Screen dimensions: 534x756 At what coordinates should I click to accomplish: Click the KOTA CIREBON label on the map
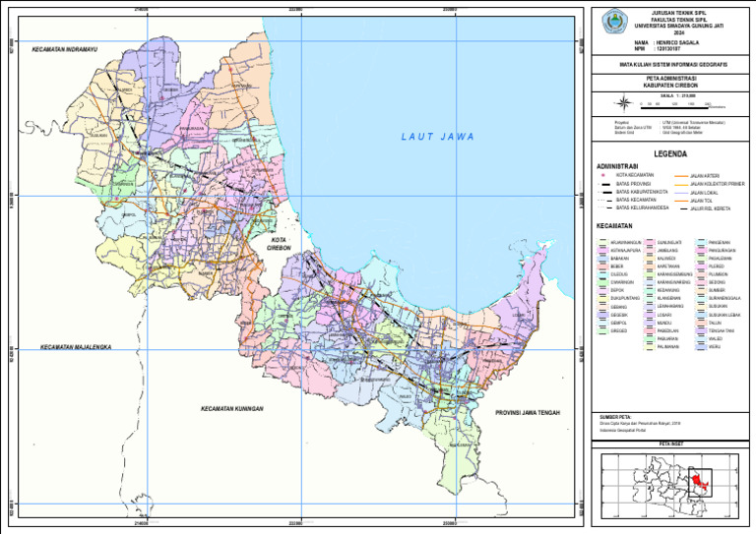coord(280,243)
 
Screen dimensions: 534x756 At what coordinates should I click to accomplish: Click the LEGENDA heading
coord(670,154)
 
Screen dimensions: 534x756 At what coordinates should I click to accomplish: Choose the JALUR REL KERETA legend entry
coord(708,208)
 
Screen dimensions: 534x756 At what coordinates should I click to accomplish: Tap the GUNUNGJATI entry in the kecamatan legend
coord(669,241)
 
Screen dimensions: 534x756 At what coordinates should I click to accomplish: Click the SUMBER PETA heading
coord(615,417)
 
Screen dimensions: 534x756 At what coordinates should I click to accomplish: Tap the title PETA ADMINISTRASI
coord(671,78)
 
